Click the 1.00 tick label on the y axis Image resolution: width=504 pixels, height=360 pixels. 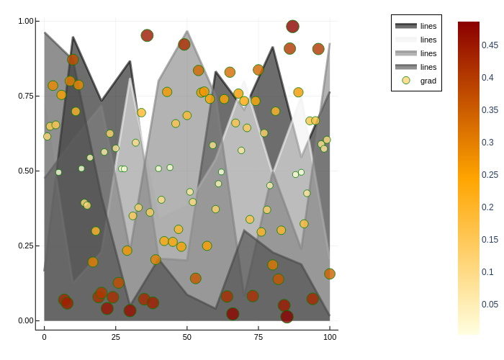(26, 21)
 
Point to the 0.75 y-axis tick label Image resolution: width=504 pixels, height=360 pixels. (26, 96)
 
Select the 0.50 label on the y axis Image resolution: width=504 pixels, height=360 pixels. (26, 171)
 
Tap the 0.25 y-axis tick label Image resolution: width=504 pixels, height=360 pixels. (26, 246)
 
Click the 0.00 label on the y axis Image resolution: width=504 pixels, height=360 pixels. (26, 320)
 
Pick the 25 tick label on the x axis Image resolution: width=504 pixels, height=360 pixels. (115, 337)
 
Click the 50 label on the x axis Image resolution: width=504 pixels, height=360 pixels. (187, 337)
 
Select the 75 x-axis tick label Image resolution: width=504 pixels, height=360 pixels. (258, 337)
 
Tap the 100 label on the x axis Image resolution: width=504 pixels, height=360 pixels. (330, 337)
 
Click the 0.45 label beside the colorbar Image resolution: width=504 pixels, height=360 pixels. (490, 45)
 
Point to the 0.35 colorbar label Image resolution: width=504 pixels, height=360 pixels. (490, 110)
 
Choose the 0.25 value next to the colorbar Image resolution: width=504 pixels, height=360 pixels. (490, 175)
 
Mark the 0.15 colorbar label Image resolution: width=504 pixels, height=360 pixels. (490, 240)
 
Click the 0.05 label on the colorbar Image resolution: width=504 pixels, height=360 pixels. (490, 305)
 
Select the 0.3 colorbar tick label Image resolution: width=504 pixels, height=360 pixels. (487, 143)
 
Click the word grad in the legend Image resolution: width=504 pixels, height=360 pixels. (428, 81)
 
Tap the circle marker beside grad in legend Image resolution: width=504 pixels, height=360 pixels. (406, 81)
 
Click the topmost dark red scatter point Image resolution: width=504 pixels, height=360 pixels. (292, 27)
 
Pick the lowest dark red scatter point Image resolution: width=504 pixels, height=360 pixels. (287, 317)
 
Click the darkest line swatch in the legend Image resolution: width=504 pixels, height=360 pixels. (406, 26)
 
